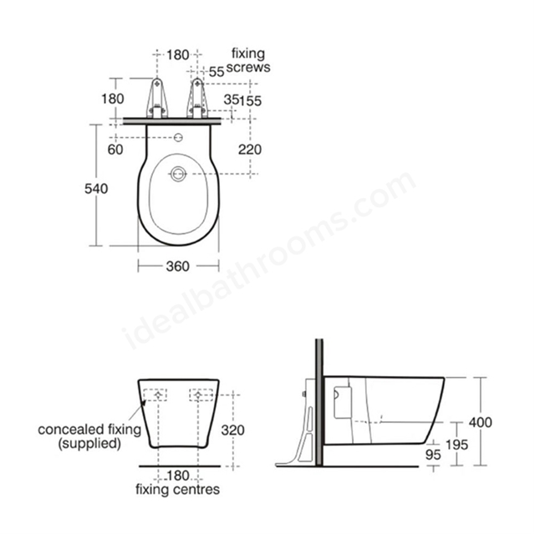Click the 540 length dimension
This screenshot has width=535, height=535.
point(96,189)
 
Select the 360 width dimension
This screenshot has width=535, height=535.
point(178,266)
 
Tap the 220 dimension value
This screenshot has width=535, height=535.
point(250,150)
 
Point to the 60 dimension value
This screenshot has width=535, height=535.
point(115,150)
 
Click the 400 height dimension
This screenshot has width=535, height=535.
point(481,422)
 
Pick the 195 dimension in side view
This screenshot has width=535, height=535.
point(457,445)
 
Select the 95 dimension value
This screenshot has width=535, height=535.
point(433,455)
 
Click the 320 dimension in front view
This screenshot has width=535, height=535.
point(232,431)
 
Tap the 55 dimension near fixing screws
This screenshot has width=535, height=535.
point(217,72)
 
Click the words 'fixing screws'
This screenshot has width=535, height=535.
point(248,60)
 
